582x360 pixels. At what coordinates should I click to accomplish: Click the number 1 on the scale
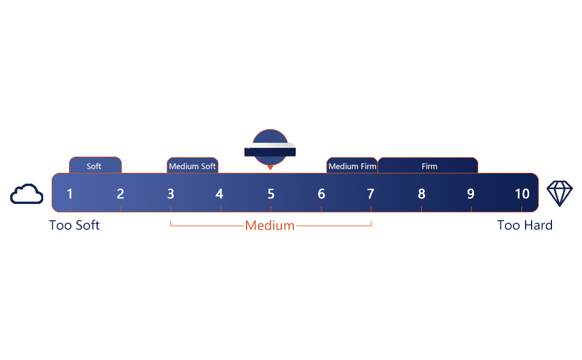(70, 194)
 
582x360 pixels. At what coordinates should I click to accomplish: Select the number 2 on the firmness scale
(121, 194)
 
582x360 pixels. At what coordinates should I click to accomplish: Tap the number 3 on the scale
(171, 194)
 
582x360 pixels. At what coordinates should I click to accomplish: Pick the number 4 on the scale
(220, 194)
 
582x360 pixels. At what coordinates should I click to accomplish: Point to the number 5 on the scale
(271, 194)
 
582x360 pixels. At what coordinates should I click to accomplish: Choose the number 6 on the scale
(322, 194)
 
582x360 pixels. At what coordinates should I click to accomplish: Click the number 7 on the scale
(371, 194)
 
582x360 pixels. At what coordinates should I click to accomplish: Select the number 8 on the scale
(422, 194)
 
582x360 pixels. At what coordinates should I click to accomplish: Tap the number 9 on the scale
(471, 194)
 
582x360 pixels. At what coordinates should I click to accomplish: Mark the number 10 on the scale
(522, 194)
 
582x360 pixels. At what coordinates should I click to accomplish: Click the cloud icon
(27, 194)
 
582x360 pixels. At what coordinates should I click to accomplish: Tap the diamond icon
(559, 194)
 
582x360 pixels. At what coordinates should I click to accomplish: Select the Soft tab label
(94, 166)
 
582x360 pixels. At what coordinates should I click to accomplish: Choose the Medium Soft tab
(192, 166)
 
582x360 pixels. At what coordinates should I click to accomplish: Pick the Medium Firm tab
(352, 166)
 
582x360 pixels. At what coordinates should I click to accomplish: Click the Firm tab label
(429, 166)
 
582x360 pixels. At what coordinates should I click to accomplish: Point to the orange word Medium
(270, 226)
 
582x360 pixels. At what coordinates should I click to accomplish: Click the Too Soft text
(74, 226)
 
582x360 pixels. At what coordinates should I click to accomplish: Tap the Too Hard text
(525, 226)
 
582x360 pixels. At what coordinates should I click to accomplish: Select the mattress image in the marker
(271, 150)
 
